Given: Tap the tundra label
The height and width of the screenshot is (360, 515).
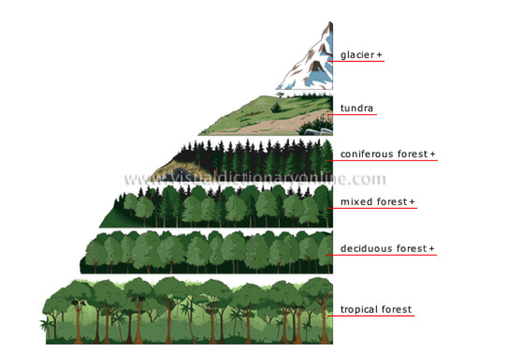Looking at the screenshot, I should [x=357, y=108].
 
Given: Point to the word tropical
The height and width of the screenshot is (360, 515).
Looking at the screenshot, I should [x=359, y=309].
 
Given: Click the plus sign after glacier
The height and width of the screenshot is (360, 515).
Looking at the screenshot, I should [x=379, y=55].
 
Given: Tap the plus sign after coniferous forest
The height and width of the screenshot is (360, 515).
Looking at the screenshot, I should [x=432, y=154].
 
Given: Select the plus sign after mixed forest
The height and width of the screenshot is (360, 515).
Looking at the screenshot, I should [x=412, y=202].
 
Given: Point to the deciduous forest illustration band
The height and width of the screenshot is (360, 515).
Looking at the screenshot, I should [x=208, y=252].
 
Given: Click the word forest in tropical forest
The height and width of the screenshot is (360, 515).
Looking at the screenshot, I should [x=396, y=309].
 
